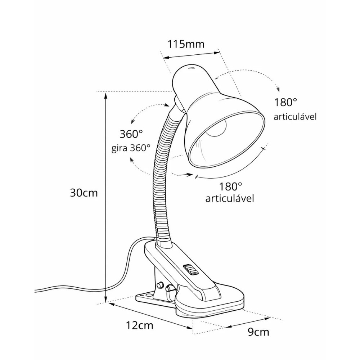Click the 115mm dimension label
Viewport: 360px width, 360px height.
pos(186,44)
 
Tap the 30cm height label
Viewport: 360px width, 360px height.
pos(84,193)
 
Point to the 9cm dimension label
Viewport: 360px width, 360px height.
pos(258,332)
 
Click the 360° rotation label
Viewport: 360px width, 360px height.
pos(131,134)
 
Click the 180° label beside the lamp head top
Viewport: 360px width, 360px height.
pos(286,102)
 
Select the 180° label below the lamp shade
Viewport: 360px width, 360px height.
pos(230,186)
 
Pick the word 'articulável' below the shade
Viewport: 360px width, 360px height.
pos(230,198)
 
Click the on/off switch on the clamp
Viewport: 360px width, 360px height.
pos(189,270)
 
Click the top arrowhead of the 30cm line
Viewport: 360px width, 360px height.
pos(105,95)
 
